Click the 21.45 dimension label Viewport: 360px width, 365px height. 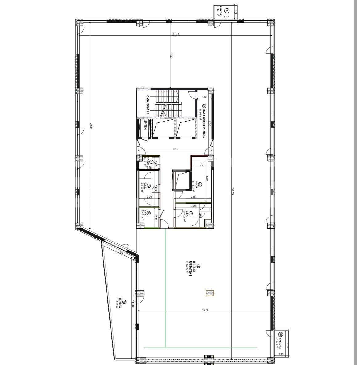coord(176,34)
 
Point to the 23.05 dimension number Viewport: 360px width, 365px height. coord(91,126)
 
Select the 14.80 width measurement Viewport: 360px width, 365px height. coord(205,310)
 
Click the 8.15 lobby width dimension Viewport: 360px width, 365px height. coord(175,149)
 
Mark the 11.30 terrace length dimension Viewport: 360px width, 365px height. coord(133,303)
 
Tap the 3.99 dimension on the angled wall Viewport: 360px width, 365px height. coord(120,253)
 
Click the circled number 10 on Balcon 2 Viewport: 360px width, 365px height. coord(281,334)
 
